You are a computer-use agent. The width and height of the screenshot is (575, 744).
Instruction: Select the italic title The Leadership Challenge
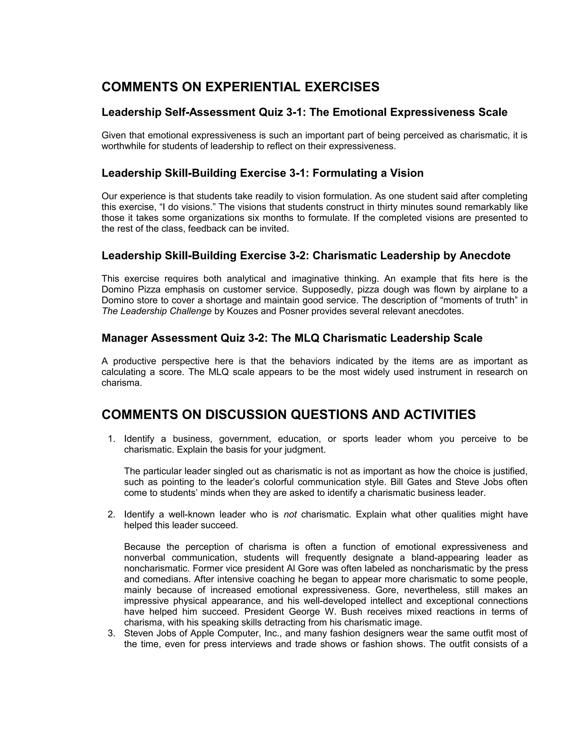click(x=157, y=311)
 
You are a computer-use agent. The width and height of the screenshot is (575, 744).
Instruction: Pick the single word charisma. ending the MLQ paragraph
click(x=122, y=383)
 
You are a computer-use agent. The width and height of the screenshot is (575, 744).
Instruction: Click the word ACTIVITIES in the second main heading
click(x=440, y=415)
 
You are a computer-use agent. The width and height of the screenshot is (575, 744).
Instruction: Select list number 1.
click(x=111, y=439)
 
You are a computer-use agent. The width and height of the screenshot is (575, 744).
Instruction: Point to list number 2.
click(x=111, y=514)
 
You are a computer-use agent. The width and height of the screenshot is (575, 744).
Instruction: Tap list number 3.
click(x=111, y=633)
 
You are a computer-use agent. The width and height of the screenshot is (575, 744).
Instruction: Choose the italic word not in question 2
click(x=290, y=514)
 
